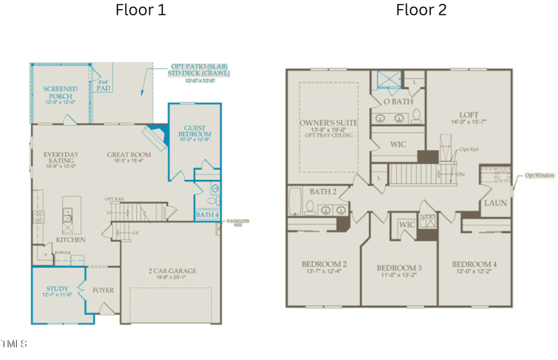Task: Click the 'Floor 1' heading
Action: (140, 10)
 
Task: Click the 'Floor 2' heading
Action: (421, 10)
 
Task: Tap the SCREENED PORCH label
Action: (61, 93)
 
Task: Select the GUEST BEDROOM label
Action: (195, 130)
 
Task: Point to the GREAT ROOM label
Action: (129, 155)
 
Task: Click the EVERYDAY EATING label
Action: (61, 158)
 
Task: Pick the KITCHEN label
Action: (70, 240)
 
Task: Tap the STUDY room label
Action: (57, 288)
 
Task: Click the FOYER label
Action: (103, 290)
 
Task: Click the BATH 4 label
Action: (207, 215)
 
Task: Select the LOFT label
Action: (469, 115)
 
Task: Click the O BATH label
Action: (398, 101)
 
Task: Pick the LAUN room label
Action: (496, 203)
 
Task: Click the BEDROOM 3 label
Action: (399, 268)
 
